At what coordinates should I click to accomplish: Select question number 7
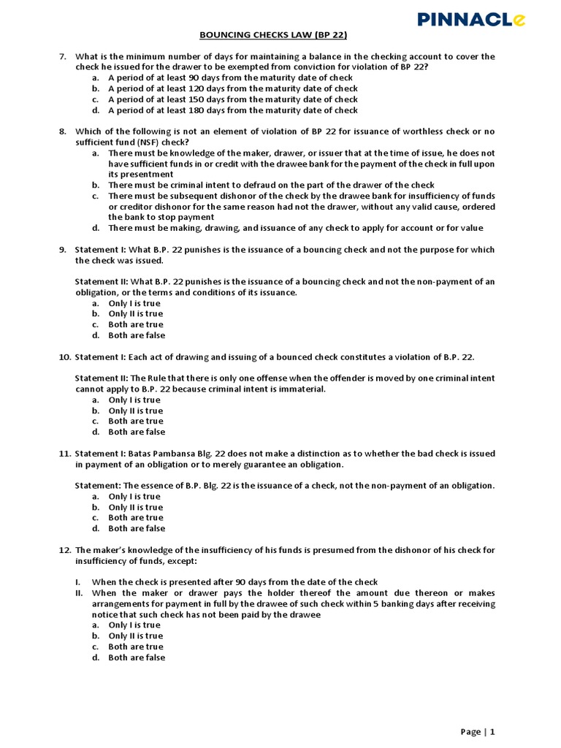tap(63, 56)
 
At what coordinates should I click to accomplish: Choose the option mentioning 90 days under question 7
tap(230, 77)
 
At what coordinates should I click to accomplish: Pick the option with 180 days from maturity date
tap(232, 110)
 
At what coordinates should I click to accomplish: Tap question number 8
tap(63, 131)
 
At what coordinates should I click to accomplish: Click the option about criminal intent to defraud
tap(271, 185)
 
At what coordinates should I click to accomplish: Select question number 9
tap(63, 250)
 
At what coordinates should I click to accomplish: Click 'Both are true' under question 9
tap(137, 324)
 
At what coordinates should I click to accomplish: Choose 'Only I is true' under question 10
tap(134, 400)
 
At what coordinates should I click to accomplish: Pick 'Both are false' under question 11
tap(137, 528)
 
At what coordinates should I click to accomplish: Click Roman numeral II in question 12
tap(80, 593)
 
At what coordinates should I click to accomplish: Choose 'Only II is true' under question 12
tap(136, 636)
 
